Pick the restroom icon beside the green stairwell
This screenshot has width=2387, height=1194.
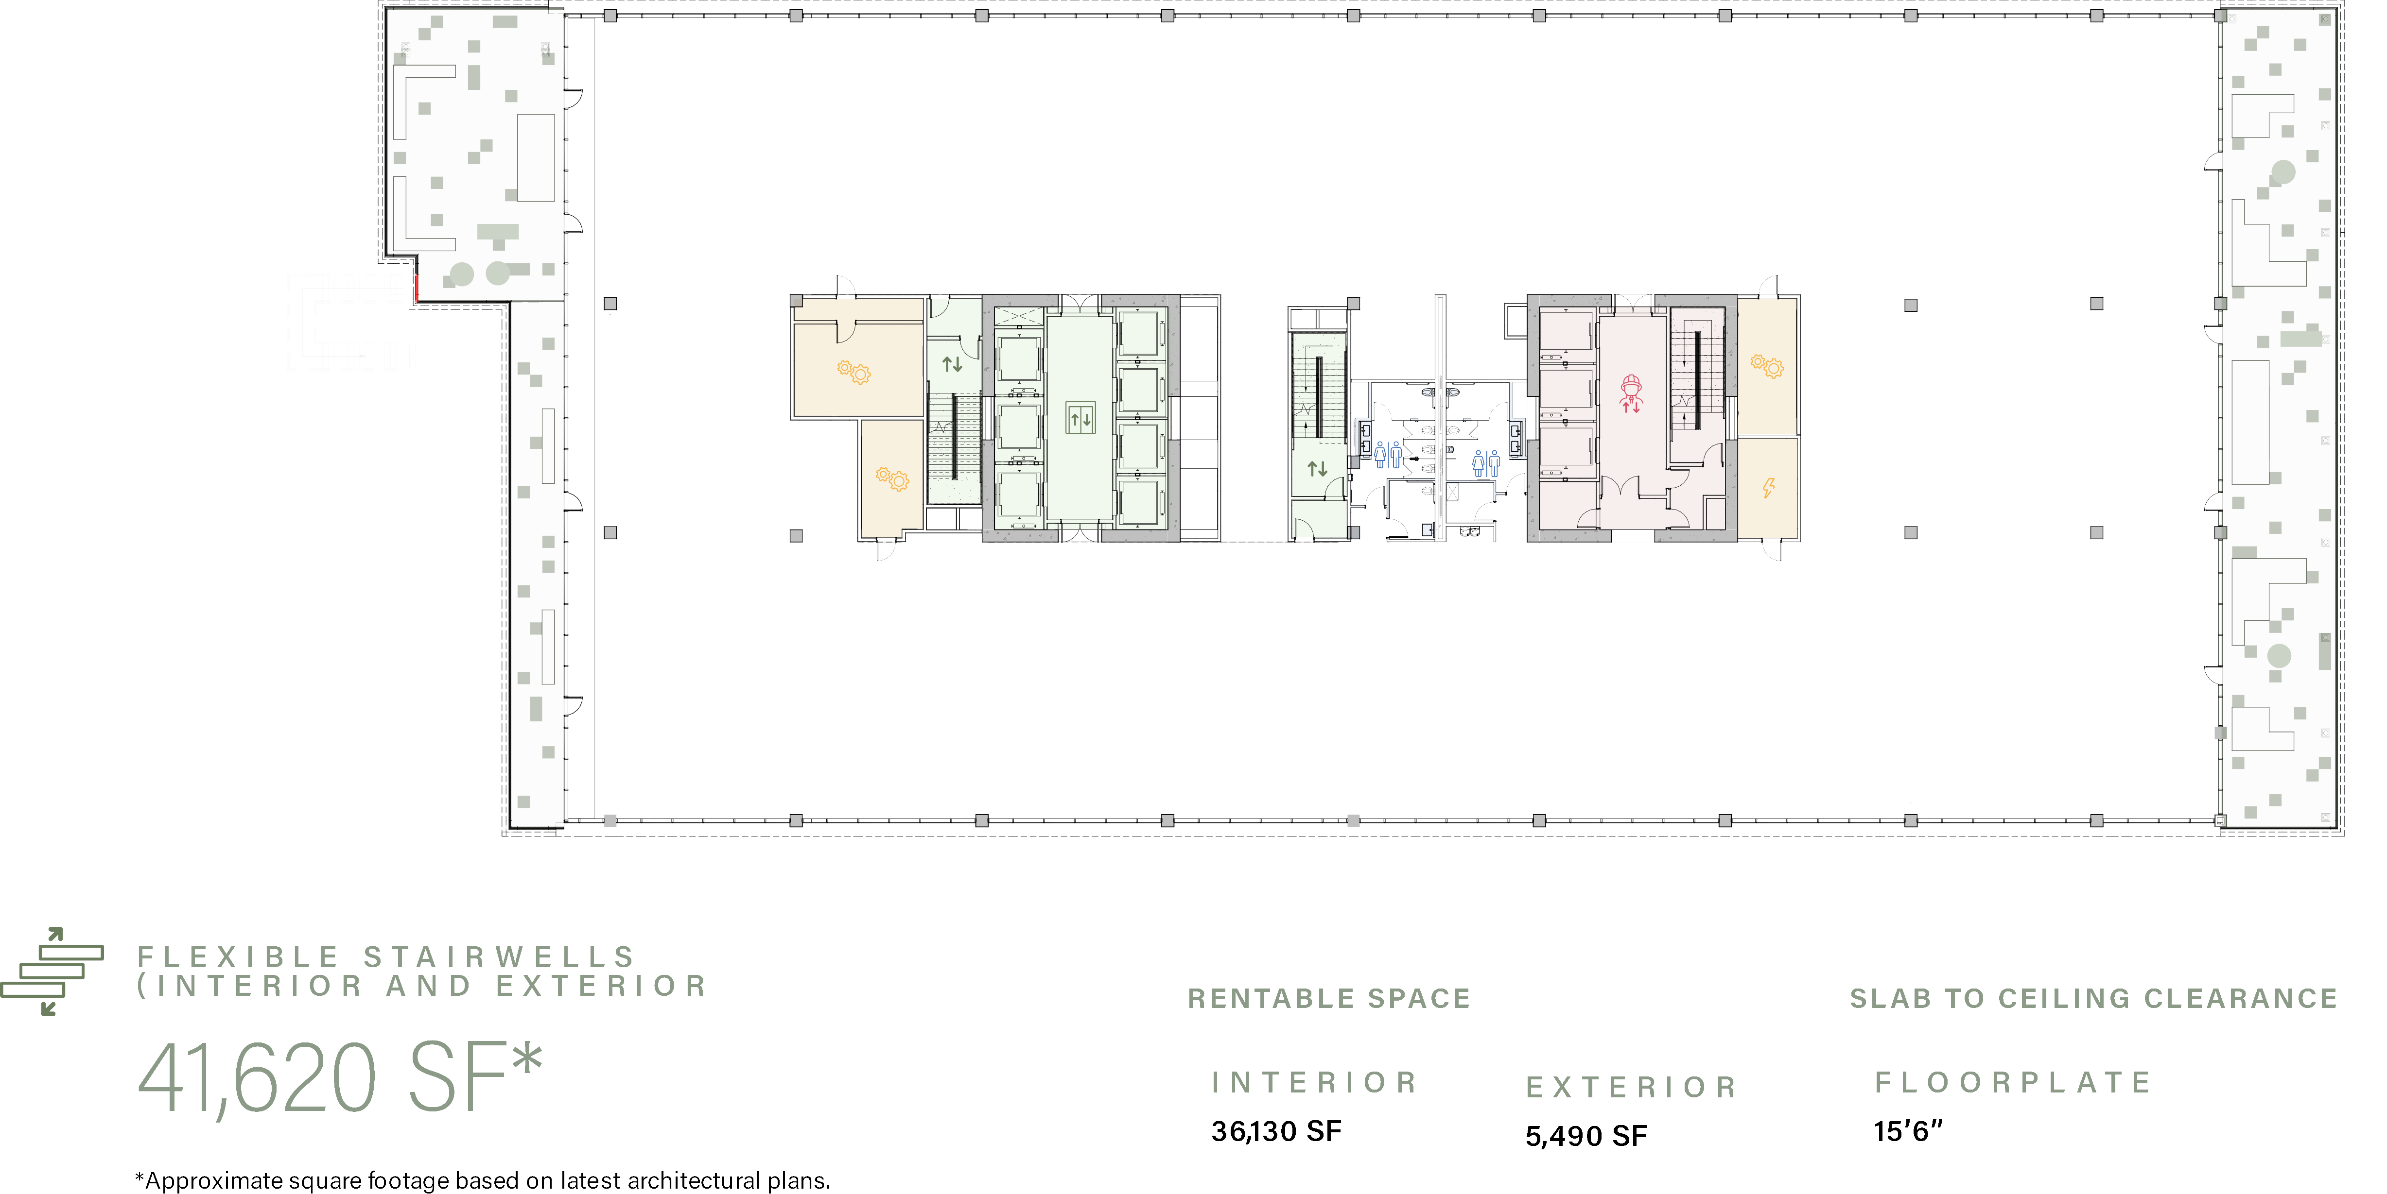point(1388,455)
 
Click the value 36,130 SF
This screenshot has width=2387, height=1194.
point(1276,1131)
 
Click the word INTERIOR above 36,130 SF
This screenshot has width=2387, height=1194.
point(1314,1082)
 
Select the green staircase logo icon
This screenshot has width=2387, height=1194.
point(52,971)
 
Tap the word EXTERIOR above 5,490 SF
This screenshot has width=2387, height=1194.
point(1631,1087)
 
